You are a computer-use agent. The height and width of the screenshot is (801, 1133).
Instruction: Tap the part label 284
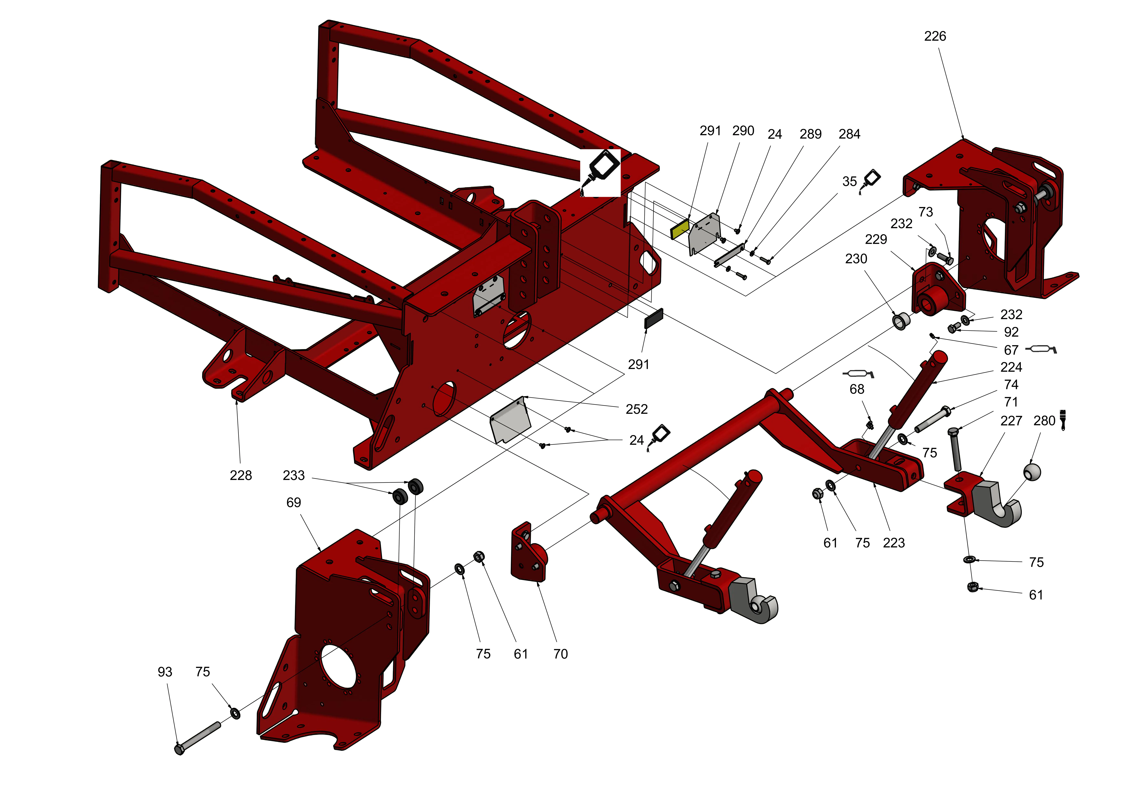pyautogui.click(x=849, y=134)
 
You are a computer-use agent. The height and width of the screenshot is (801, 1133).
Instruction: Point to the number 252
pyautogui.click(x=637, y=409)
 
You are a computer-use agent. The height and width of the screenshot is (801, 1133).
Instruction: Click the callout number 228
pyautogui.click(x=241, y=475)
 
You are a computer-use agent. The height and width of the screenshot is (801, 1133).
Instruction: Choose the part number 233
pyautogui.click(x=294, y=475)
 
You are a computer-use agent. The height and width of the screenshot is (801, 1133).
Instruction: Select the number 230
pyautogui.click(x=856, y=259)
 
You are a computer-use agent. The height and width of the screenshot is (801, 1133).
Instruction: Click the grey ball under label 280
pyautogui.click(x=1032, y=471)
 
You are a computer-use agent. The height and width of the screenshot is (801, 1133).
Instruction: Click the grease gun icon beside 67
pyautogui.click(x=1041, y=350)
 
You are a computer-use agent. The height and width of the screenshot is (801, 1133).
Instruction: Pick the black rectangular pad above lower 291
pyautogui.click(x=654, y=319)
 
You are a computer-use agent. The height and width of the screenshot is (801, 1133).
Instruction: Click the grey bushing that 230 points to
pyautogui.click(x=901, y=321)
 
